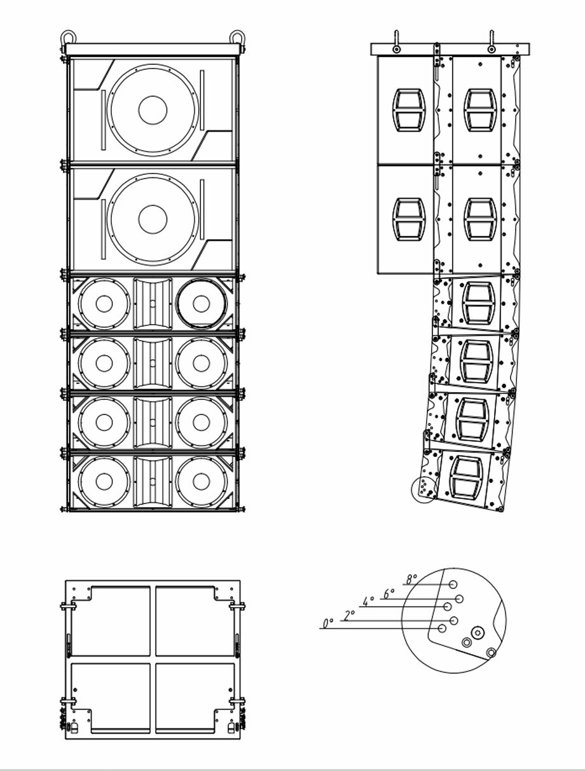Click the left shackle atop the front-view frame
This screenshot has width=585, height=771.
[x=68, y=38]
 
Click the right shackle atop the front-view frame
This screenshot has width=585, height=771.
[x=237, y=38]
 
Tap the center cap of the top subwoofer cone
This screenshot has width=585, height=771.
[x=153, y=110]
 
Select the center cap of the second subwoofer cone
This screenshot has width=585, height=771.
[x=153, y=219]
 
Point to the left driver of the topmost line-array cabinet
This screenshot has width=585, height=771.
[x=104, y=304]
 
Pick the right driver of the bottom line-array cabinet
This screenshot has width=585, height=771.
[x=201, y=481]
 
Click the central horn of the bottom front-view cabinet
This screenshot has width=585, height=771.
[x=153, y=481]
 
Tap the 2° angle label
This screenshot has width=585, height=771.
[x=349, y=615]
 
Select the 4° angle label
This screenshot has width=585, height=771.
[x=368, y=601]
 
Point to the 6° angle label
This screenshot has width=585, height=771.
[x=389, y=594]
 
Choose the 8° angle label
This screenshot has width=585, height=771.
[x=411, y=579]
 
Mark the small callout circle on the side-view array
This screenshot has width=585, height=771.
[x=424, y=488]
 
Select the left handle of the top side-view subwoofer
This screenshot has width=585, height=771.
[x=408, y=110]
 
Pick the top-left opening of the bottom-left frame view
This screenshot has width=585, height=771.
[x=111, y=621]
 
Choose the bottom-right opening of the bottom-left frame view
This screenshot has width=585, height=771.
[x=195, y=697]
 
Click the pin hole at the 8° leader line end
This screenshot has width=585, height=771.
[x=453, y=585]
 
